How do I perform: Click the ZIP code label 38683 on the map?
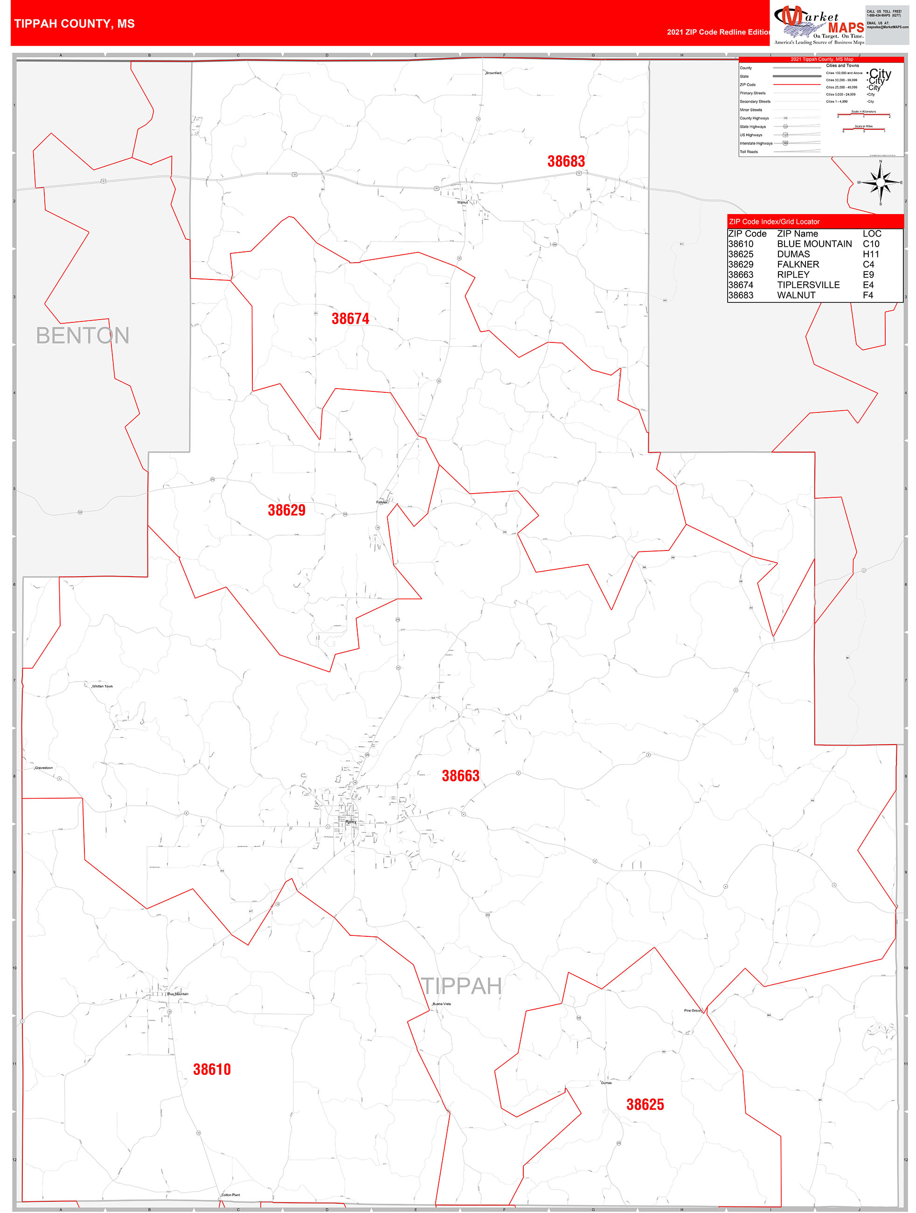[x=566, y=161]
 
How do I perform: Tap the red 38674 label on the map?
[x=350, y=319]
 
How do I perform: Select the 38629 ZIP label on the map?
[x=286, y=510]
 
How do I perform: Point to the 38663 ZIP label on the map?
[x=460, y=775]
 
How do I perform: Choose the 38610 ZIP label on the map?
[x=212, y=1069]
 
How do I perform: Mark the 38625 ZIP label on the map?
[x=645, y=1104]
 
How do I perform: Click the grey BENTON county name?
[x=83, y=335]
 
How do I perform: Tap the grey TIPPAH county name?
[x=462, y=986]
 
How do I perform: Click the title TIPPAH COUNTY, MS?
[x=75, y=24]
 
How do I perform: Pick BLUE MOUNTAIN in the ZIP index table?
[x=814, y=244]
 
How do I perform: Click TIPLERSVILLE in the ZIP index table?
[x=808, y=285]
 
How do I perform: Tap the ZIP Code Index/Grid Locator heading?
[x=774, y=222]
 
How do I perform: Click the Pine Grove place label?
[x=692, y=1011]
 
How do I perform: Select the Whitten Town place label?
[x=102, y=686]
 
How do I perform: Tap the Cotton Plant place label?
[x=231, y=1195]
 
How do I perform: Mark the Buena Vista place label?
[x=441, y=1004]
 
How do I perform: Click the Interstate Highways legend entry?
[x=756, y=143]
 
